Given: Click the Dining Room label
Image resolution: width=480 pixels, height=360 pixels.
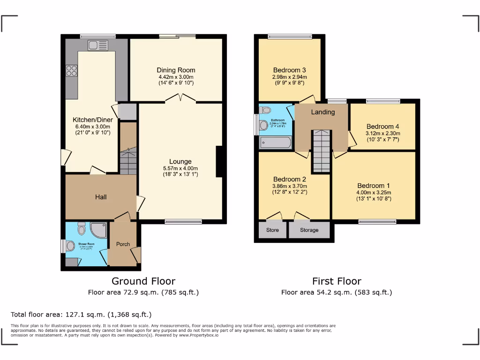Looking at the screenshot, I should point(176,70).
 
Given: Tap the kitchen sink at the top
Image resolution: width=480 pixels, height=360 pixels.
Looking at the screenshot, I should point(98,45).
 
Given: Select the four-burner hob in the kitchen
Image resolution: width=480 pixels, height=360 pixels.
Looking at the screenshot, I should point(72,70).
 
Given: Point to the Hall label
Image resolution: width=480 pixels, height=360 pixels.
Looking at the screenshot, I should point(101,197).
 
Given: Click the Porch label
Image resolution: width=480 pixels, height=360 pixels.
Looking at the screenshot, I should point(123,244).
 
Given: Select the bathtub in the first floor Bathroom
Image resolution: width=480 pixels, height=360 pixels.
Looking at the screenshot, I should point(276,142).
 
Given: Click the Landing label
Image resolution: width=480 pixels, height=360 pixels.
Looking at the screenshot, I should point(323,112).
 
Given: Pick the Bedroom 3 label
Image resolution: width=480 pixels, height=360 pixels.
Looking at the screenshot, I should point(290,70).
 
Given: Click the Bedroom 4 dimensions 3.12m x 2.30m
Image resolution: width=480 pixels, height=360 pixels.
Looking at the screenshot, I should point(383,133).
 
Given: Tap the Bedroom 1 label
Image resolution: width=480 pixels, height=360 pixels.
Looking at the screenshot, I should point(374,185).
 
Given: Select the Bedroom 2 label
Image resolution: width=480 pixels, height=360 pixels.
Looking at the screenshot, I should point(290,179).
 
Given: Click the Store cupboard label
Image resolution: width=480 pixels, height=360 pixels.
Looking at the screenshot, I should point(272,230).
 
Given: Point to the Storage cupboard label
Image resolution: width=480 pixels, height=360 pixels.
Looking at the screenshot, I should point(309,230).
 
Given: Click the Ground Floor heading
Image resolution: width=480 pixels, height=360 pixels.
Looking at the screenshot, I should point(143,281).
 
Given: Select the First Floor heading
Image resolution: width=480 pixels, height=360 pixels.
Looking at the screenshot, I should point(337,281).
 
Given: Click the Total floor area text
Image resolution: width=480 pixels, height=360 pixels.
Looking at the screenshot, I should point(81,315).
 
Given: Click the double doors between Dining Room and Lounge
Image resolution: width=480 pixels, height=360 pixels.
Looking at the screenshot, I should point(180,98).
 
